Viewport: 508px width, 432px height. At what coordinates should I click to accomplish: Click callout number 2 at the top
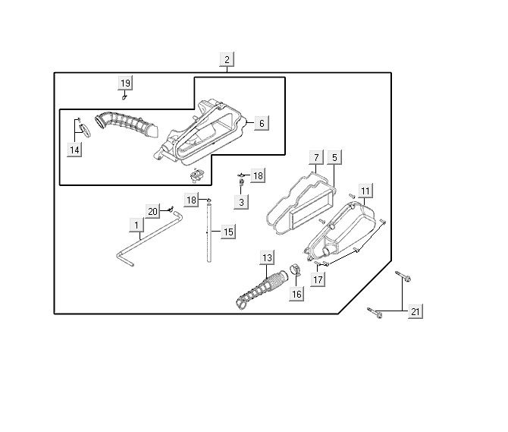(227, 58)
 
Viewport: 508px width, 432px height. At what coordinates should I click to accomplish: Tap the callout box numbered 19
(126, 83)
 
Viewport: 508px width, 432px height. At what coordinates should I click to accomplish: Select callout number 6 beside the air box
(260, 123)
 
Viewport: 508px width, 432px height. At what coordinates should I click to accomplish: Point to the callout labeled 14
(74, 150)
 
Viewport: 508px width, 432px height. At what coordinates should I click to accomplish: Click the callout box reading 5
(335, 158)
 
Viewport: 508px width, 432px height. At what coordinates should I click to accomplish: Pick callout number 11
(365, 191)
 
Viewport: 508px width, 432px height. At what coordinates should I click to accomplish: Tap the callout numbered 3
(242, 202)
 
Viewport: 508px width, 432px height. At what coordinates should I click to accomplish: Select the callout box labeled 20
(152, 211)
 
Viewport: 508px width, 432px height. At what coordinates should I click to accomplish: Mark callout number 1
(136, 225)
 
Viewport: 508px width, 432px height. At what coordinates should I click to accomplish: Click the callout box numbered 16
(296, 294)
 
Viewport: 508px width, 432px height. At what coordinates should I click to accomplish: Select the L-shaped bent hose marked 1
(144, 239)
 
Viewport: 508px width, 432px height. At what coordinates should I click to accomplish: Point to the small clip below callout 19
(125, 97)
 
